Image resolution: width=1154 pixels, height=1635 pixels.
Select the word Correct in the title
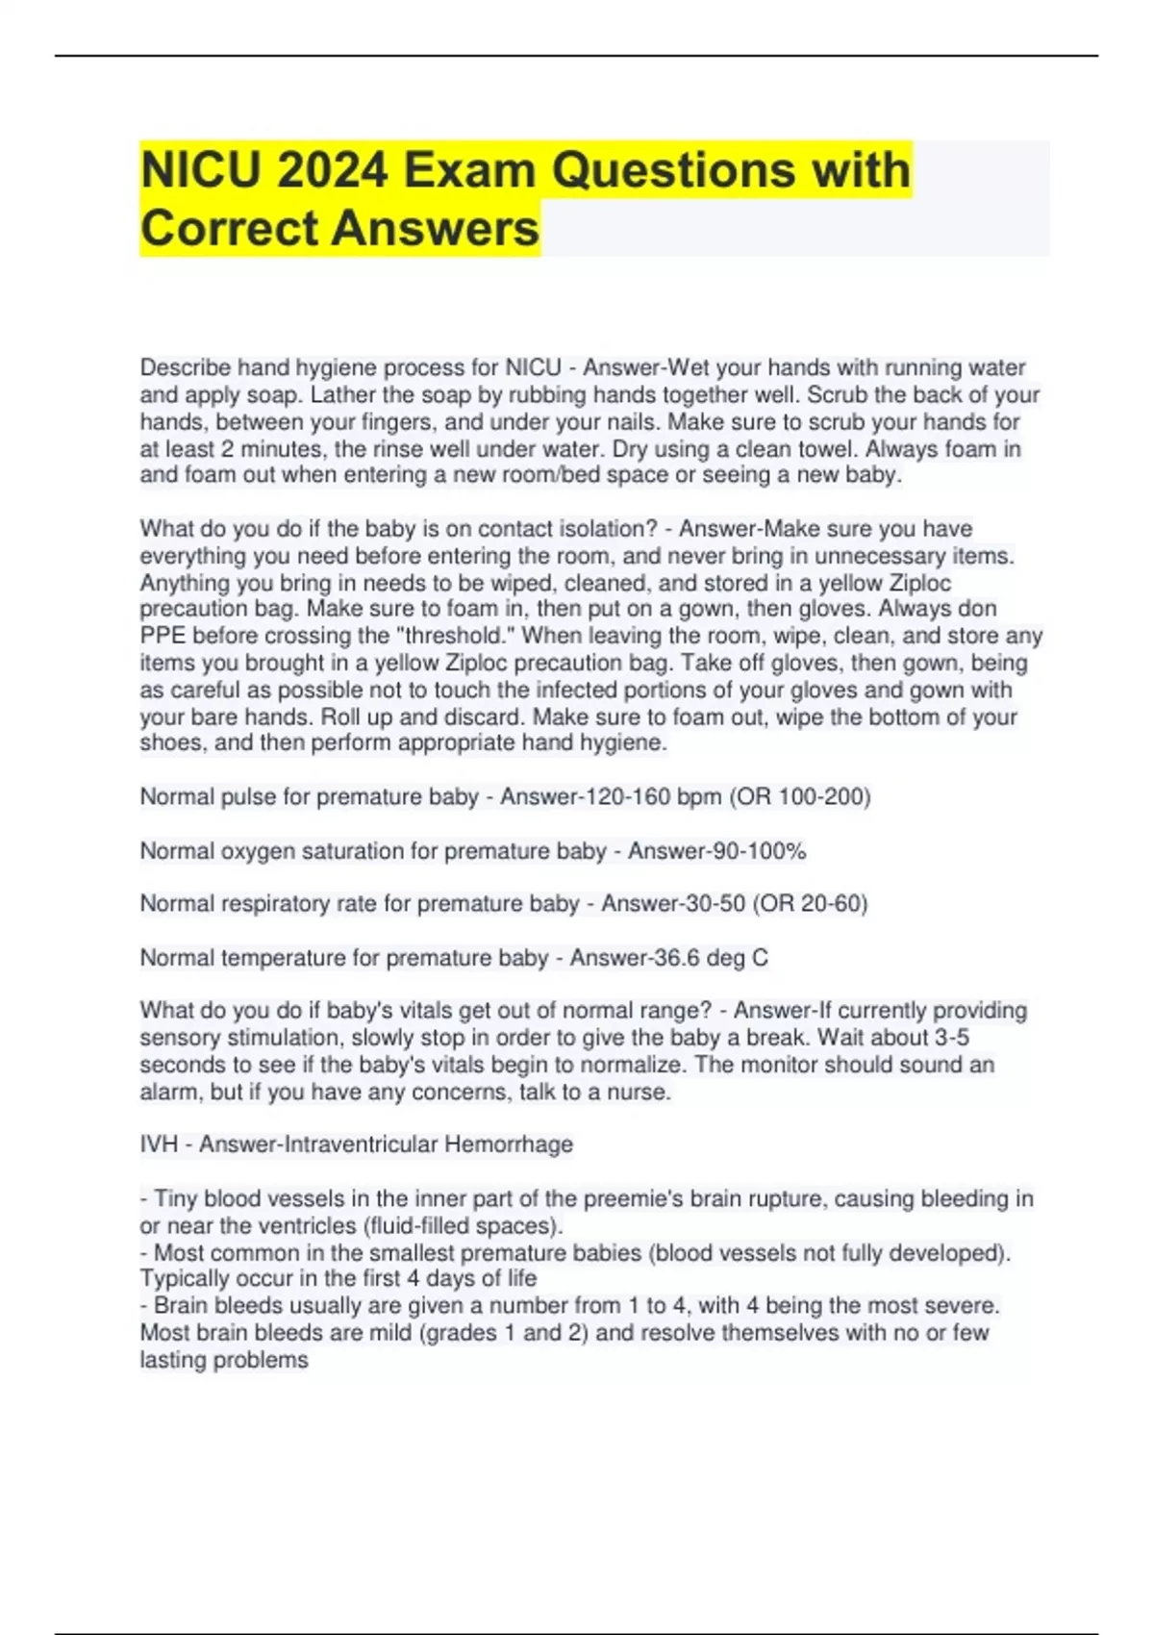point(227,229)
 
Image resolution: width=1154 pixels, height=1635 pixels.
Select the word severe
point(965,1306)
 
